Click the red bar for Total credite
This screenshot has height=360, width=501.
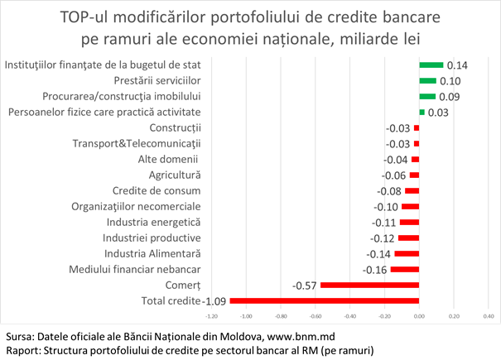[325, 300]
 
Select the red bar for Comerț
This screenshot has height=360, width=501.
[369, 285]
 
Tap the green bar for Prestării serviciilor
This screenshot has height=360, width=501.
[427, 80]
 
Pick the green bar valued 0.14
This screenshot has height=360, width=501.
[431, 65]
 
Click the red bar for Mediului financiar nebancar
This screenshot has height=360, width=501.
[405, 269]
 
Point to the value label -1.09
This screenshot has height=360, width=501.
[215, 301]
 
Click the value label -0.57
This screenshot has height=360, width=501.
[305, 286]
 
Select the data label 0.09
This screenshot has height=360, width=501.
[450, 97]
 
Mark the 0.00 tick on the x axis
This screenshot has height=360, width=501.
[419, 315]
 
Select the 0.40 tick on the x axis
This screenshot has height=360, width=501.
[488, 315]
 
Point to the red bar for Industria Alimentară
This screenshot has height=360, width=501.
[407, 253]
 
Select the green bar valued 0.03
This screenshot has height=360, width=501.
[422, 112]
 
